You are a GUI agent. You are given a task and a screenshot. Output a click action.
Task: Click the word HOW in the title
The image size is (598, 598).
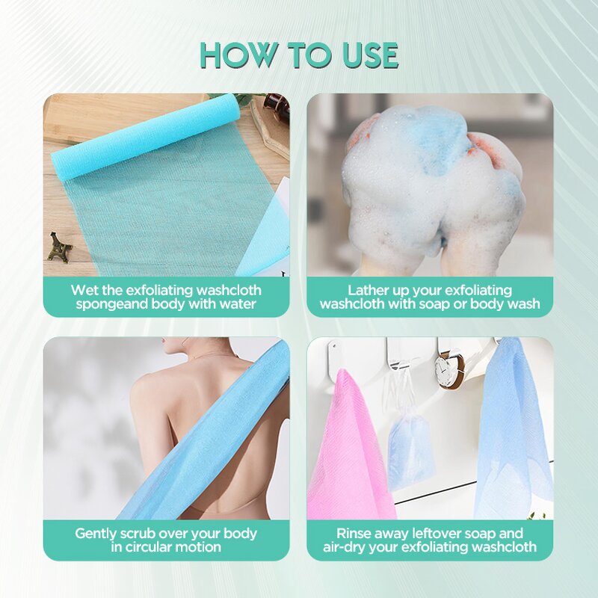(236, 55)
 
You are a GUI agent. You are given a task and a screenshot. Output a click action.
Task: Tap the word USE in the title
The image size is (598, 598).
(364, 55)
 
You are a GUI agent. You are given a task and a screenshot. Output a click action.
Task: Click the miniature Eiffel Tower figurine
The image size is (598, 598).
(60, 247)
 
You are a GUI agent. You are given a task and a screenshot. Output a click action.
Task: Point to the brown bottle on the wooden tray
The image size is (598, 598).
(276, 108)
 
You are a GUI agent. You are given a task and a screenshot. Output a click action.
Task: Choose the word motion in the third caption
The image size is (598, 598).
(198, 547)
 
